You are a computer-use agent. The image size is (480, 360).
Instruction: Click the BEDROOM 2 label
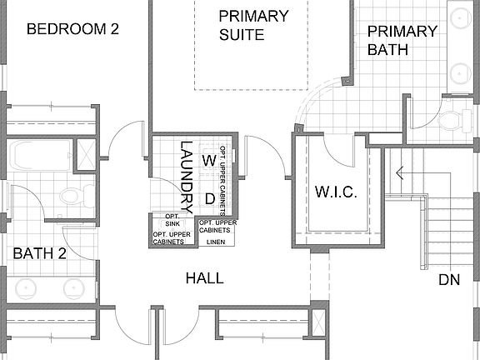point(72,29)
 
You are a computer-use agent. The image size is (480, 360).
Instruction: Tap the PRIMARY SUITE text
point(254,25)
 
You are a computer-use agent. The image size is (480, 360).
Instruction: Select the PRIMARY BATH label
point(402,40)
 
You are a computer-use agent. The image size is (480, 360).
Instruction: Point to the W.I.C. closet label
point(336,192)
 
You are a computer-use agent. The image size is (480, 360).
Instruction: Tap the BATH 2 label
point(38,253)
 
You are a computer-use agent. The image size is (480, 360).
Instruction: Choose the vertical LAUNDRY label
point(187,176)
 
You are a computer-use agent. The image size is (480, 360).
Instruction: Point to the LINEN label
point(216,242)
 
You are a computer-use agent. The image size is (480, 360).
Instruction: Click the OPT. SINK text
point(172,221)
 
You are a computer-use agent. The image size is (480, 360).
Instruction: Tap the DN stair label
point(449,280)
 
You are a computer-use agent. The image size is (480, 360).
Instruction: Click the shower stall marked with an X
point(85,155)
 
